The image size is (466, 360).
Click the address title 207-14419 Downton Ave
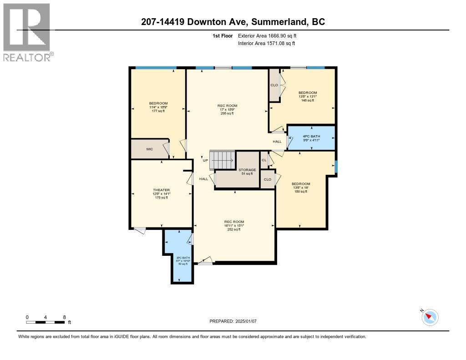(233, 22)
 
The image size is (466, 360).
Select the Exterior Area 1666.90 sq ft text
(267, 35)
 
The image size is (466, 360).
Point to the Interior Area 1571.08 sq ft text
(266, 43)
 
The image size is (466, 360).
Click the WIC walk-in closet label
(149, 149)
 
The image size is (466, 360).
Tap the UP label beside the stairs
(205, 160)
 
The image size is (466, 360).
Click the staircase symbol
(222, 160)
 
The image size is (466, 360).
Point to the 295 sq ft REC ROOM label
(227, 110)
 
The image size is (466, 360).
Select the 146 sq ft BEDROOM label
(308, 96)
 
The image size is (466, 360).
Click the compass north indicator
(430, 317)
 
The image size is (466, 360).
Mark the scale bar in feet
(46, 322)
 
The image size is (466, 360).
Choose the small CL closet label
(264, 160)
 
